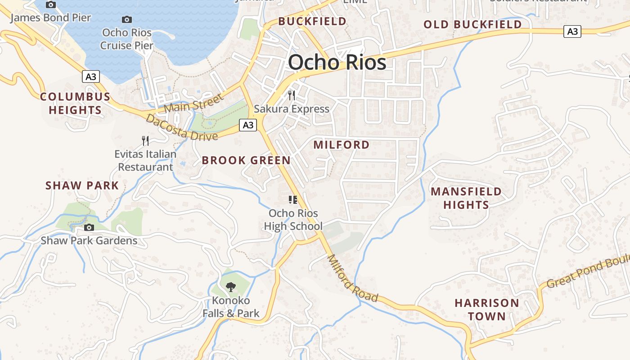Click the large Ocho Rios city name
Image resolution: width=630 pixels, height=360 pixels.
tap(337, 62)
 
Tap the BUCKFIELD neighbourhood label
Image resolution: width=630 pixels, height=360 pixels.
tap(312, 21)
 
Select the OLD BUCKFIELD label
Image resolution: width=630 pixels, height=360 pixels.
tap(472, 24)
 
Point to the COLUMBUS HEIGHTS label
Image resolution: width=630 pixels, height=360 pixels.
tap(75, 103)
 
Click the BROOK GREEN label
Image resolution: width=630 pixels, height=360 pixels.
tap(246, 160)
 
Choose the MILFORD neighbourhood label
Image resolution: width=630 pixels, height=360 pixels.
tap(342, 145)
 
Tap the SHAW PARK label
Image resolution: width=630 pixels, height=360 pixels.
tap(82, 185)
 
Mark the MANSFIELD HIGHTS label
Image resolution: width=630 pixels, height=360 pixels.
tap(466, 198)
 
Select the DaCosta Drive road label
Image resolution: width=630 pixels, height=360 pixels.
tap(181, 127)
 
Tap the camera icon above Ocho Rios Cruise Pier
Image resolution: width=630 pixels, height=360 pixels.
tap(127, 19)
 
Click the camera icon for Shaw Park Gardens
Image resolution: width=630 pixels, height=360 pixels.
tap(89, 227)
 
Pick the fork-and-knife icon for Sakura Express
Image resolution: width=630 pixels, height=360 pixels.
tap(292, 95)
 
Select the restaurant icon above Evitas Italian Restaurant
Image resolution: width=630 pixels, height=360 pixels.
tap(145, 141)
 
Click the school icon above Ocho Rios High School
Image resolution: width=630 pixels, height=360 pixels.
tap(293, 199)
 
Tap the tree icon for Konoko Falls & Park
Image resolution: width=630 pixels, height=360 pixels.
tap(230, 286)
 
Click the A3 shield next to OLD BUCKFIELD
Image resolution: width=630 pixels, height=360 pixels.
tap(572, 31)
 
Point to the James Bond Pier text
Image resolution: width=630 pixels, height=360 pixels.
tap(50, 18)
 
